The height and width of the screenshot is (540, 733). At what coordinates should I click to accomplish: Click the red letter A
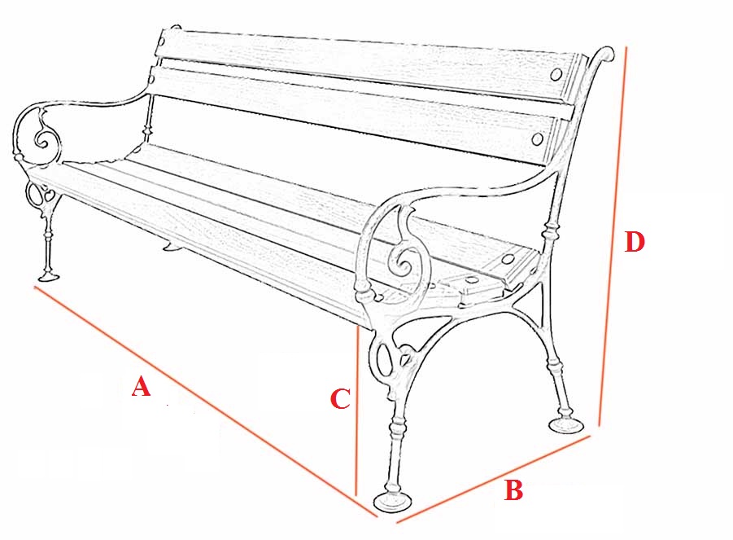pos(141,387)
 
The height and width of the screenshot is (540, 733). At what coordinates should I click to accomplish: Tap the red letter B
pos(513,490)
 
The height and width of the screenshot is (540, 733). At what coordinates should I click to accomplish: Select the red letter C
pos(340,399)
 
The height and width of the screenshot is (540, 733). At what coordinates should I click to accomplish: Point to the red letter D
pos(635,242)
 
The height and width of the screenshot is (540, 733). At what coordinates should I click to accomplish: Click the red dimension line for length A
pos(206,402)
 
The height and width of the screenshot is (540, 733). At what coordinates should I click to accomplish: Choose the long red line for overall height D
pos(613,236)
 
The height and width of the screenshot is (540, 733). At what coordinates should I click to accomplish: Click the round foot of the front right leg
pos(393,502)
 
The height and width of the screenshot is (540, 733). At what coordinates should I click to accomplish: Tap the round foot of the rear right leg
pos(566,425)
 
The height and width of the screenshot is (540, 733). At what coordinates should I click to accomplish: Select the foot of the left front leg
pos(49,276)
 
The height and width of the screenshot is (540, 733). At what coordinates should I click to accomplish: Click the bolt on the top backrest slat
pos(556,74)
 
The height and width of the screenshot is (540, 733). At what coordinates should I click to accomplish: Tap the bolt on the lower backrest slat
pos(538,139)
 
